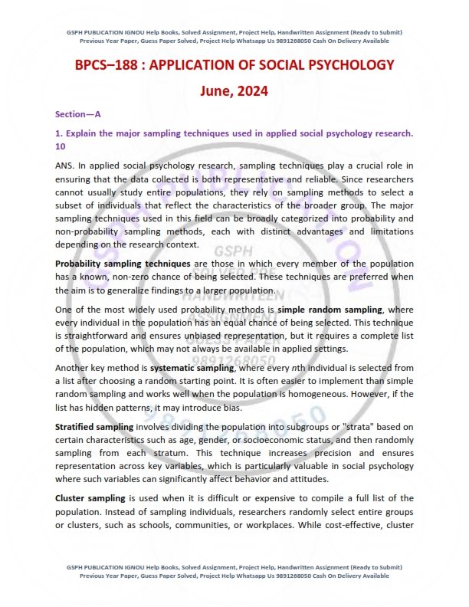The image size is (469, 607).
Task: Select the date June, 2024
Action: click(x=234, y=92)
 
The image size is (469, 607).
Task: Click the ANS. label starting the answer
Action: click(x=66, y=166)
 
